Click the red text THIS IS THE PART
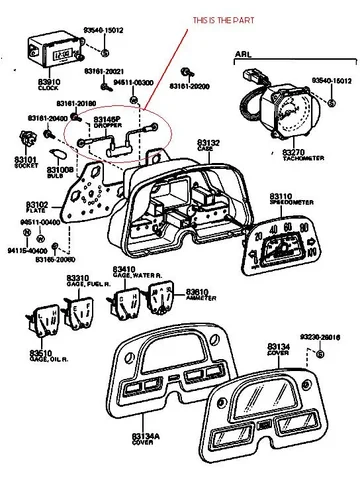pos(221,21)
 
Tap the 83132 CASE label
pos(208,147)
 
